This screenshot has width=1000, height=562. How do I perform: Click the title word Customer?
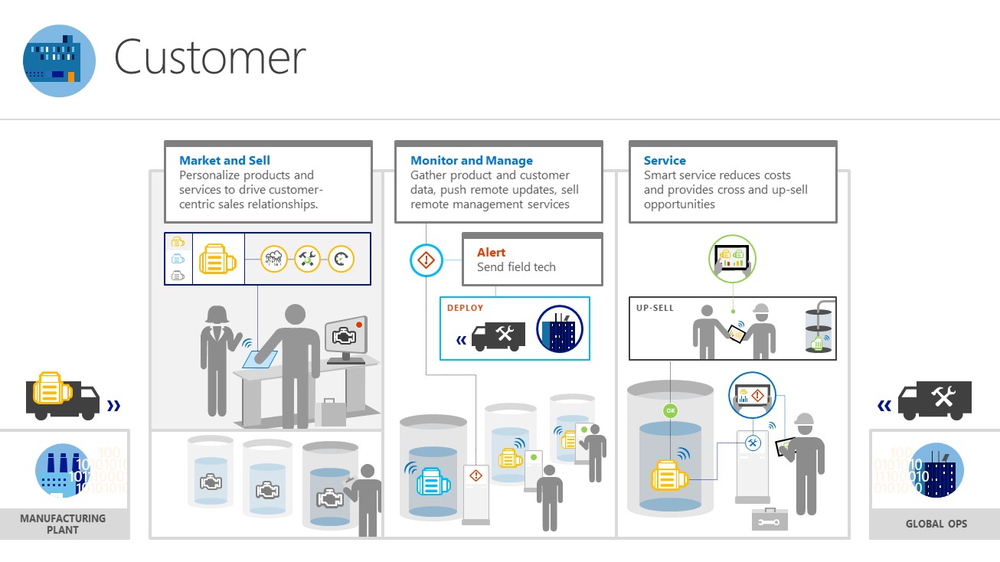point(210,57)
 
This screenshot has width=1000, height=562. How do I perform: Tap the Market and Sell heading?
point(224,161)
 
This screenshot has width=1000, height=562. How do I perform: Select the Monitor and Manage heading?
point(471,161)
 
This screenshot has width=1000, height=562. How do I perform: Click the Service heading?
point(665,161)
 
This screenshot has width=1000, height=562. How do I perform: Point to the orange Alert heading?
point(491,252)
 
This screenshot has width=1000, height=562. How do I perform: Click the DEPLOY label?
point(466,308)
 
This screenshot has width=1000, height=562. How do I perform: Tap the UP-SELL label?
point(655,308)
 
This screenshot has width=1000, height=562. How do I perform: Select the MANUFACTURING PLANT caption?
point(63,524)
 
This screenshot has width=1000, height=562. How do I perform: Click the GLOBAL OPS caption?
point(936,524)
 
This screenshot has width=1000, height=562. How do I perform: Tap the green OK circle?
point(671,411)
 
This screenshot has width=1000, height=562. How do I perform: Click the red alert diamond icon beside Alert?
point(426,261)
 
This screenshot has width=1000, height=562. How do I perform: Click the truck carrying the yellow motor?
point(62,397)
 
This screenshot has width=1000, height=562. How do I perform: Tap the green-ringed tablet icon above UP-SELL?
point(731,260)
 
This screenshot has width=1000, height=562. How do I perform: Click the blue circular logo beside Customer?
point(59,60)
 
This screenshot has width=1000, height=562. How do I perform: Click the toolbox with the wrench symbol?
point(770,520)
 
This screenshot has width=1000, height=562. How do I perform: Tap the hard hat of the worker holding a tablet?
point(804,420)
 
